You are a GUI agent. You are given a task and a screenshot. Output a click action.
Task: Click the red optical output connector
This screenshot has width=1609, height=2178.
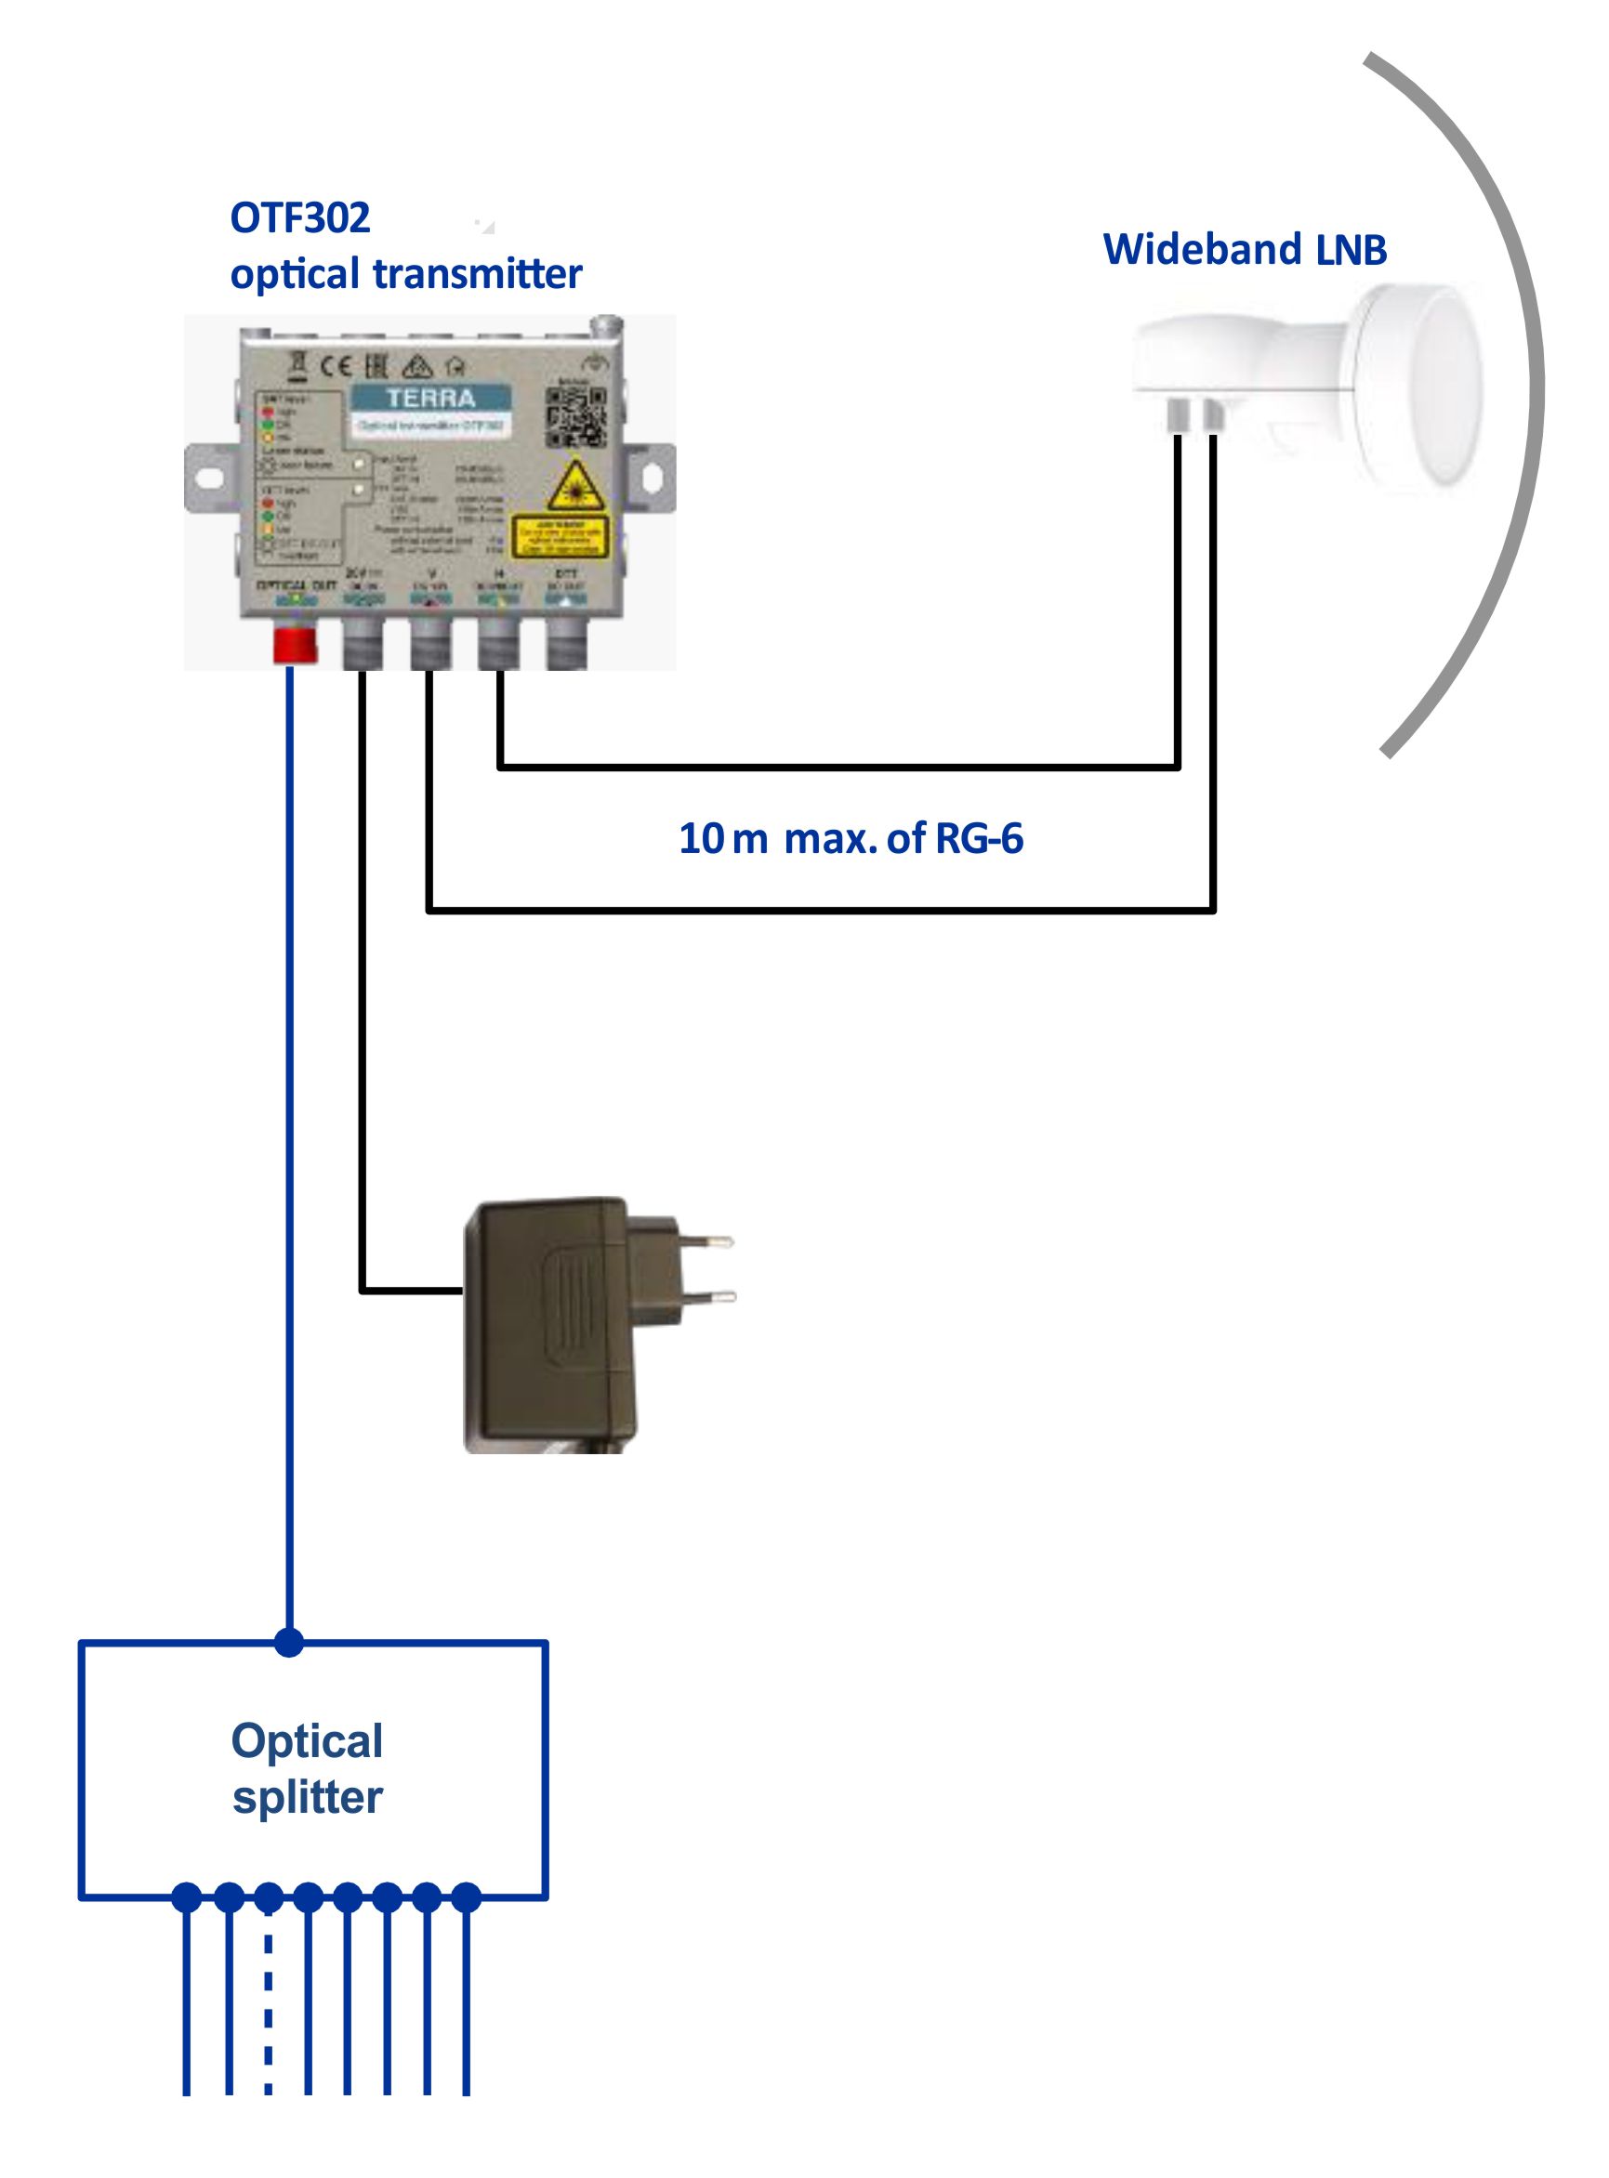pyautogui.click(x=294, y=645)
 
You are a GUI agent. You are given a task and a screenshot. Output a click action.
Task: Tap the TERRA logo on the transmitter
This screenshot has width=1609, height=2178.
pyautogui.click(x=429, y=399)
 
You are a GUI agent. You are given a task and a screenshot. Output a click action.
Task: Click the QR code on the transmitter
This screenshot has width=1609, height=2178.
pyautogui.click(x=575, y=416)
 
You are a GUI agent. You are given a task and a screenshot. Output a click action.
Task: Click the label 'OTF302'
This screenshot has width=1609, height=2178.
pyautogui.click(x=300, y=218)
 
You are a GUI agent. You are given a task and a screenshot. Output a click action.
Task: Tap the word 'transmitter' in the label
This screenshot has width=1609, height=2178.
pyautogui.click(x=477, y=274)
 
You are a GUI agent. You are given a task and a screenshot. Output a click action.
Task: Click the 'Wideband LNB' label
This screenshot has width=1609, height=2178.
pyautogui.click(x=1244, y=249)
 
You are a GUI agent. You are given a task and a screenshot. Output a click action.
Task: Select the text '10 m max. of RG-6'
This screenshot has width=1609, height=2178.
pyautogui.click(x=851, y=838)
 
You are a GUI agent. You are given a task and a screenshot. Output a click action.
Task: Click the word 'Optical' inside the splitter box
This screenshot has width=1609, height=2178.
pyautogui.click(x=307, y=1741)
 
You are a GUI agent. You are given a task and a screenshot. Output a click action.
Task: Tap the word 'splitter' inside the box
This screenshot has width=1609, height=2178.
pyautogui.click(x=307, y=1797)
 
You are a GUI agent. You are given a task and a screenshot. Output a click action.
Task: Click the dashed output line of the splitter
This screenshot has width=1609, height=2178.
pyautogui.click(x=269, y=2006)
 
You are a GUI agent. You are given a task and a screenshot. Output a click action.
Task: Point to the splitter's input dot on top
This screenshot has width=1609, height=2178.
pyautogui.click(x=289, y=1643)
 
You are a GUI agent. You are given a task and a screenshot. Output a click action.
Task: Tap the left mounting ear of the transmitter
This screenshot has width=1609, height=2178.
pyautogui.click(x=206, y=478)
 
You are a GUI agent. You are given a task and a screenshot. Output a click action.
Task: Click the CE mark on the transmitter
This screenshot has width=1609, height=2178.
pyautogui.click(x=337, y=366)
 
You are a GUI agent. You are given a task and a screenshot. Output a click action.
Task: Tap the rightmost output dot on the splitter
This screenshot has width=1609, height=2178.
pyautogui.click(x=467, y=1896)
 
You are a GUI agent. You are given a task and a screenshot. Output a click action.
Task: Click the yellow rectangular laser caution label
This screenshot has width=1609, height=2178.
pyautogui.click(x=559, y=536)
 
